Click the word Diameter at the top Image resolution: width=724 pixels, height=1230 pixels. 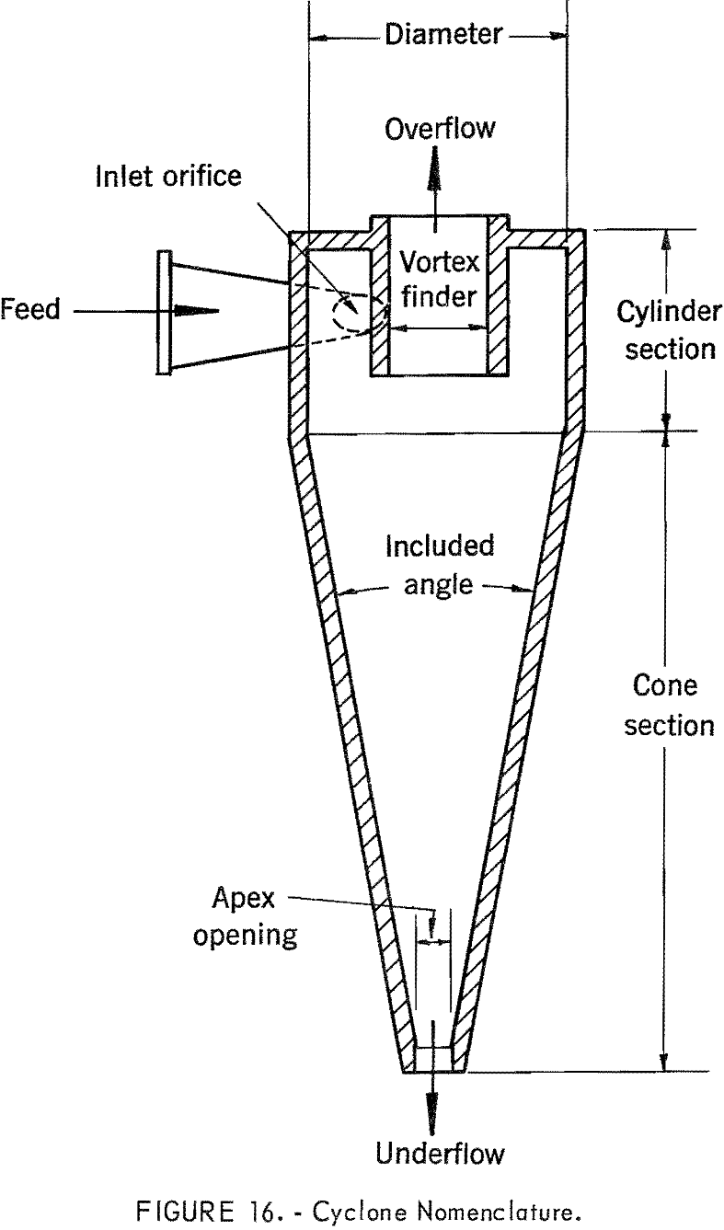click(x=443, y=35)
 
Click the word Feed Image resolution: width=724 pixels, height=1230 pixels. click(x=30, y=309)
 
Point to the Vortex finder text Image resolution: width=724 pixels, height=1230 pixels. click(x=439, y=279)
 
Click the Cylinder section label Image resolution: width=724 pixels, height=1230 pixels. click(x=668, y=330)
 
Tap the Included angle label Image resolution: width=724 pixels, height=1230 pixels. click(x=439, y=565)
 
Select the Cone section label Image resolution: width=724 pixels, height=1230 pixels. click(x=668, y=706)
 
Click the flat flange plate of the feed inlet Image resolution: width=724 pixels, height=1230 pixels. click(x=164, y=312)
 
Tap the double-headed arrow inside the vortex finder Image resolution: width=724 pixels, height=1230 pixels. click(x=439, y=326)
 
